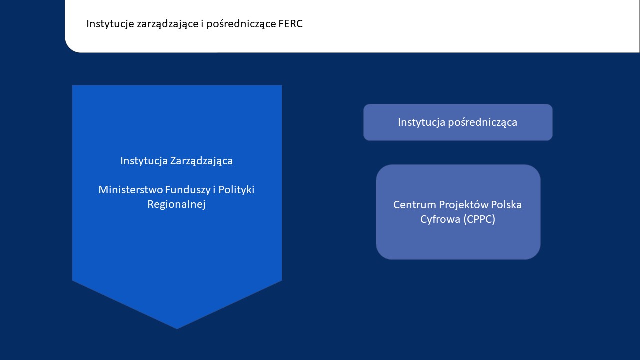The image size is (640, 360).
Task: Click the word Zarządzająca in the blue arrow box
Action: (x=201, y=161)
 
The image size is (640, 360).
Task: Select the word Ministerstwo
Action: (x=127, y=190)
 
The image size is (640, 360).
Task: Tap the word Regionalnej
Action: (x=177, y=204)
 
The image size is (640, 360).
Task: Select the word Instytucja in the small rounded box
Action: (x=421, y=122)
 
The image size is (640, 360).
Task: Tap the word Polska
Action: (x=507, y=205)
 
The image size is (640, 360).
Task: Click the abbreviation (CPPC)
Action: (x=479, y=219)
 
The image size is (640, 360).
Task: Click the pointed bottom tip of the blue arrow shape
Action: (x=177, y=327)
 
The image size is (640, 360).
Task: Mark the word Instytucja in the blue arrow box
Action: (x=144, y=161)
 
